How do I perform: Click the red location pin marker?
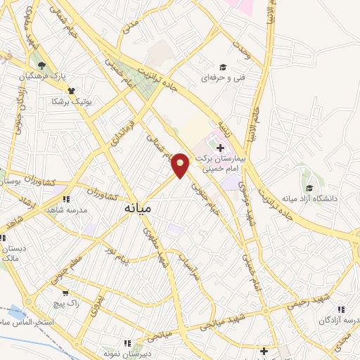[181, 165]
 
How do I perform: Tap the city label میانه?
[139, 209]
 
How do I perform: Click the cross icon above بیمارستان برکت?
[221, 148]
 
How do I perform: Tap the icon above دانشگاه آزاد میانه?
[309, 188]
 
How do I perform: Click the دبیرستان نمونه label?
[125, 354]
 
